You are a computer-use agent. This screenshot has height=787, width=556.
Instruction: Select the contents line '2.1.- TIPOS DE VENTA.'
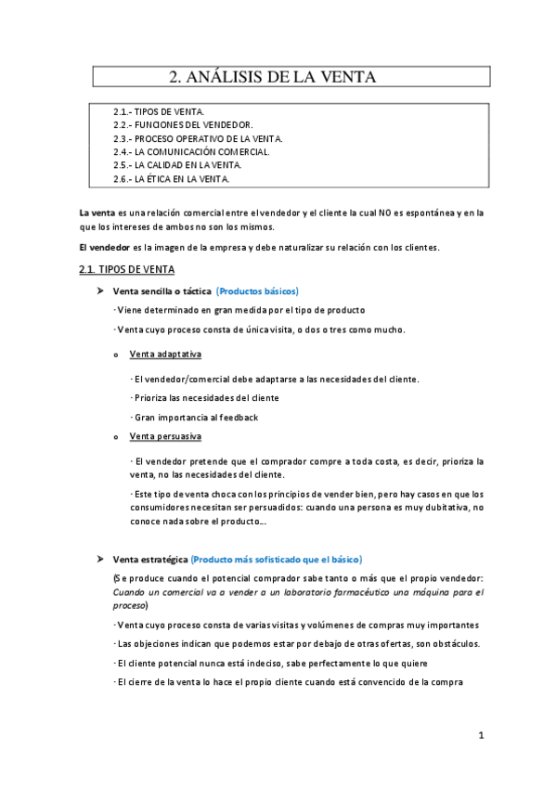tap(159, 111)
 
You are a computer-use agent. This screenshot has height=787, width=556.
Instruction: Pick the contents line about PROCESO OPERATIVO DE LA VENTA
tap(198, 138)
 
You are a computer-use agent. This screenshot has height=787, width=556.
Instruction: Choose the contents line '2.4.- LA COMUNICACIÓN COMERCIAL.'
tap(191, 151)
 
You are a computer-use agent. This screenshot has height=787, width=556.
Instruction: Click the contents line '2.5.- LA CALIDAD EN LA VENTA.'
tap(177, 165)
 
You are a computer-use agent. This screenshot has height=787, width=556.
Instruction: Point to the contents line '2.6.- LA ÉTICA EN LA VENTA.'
tap(171, 178)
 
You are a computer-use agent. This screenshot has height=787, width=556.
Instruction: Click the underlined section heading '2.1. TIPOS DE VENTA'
tap(126, 270)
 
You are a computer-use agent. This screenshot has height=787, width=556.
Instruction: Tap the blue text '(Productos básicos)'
tap(257, 291)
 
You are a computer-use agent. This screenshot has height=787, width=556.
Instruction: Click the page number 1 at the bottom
tap(481, 736)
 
